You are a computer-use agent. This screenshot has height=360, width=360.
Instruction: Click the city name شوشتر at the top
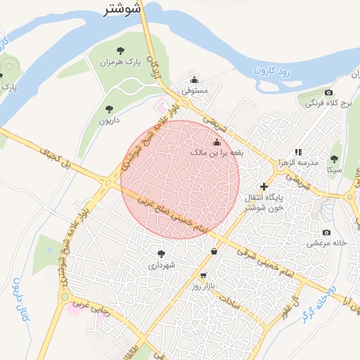pyautogui.click(x=122, y=8)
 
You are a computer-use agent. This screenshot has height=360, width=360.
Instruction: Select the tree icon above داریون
pyautogui.click(x=108, y=108)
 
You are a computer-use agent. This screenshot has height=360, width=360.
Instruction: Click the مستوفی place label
pyautogui.click(x=194, y=91)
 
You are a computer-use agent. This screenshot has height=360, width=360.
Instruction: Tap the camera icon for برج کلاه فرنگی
pyautogui.click(x=328, y=93)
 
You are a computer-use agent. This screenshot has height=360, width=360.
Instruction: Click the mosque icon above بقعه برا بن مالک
pyautogui.click(x=216, y=143)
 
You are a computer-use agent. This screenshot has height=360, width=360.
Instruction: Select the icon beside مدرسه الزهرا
pyautogui.click(x=298, y=151)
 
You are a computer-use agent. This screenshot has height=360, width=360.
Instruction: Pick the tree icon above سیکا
pyautogui.click(x=334, y=158)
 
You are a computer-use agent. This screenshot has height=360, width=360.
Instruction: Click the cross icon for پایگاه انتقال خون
pyautogui.click(x=264, y=186)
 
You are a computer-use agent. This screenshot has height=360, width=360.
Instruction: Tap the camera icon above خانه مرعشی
pyautogui.click(x=326, y=232)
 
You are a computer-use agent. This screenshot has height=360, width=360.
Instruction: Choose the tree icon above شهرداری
pyautogui.click(x=161, y=254)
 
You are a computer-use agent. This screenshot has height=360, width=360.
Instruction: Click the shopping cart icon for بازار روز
pyautogui.click(x=203, y=276)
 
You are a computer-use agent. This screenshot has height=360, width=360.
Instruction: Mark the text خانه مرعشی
pyautogui.click(x=326, y=243)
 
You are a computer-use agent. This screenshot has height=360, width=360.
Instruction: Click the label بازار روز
pyautogui.click(x=205, y=288)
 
